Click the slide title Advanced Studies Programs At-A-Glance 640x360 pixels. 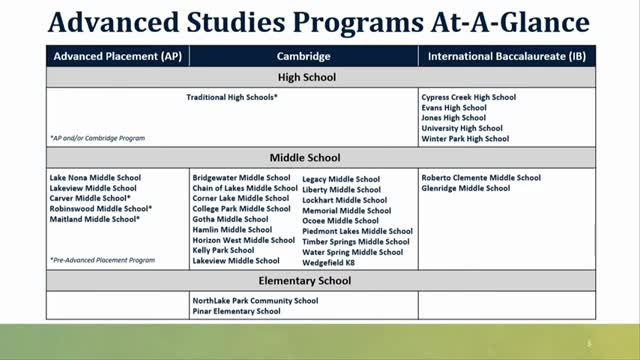[319, 21]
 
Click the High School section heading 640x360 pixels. [305, 76]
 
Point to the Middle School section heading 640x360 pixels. [305, 158]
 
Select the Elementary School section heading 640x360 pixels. [305, 281]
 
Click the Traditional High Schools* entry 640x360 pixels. [232, 98]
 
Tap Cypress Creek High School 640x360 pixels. [468, 97]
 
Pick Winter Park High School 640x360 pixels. [465, 139]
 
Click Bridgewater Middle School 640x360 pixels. [240, 177]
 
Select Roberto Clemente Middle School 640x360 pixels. [481, 177]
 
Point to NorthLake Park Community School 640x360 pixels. [255, 300]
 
